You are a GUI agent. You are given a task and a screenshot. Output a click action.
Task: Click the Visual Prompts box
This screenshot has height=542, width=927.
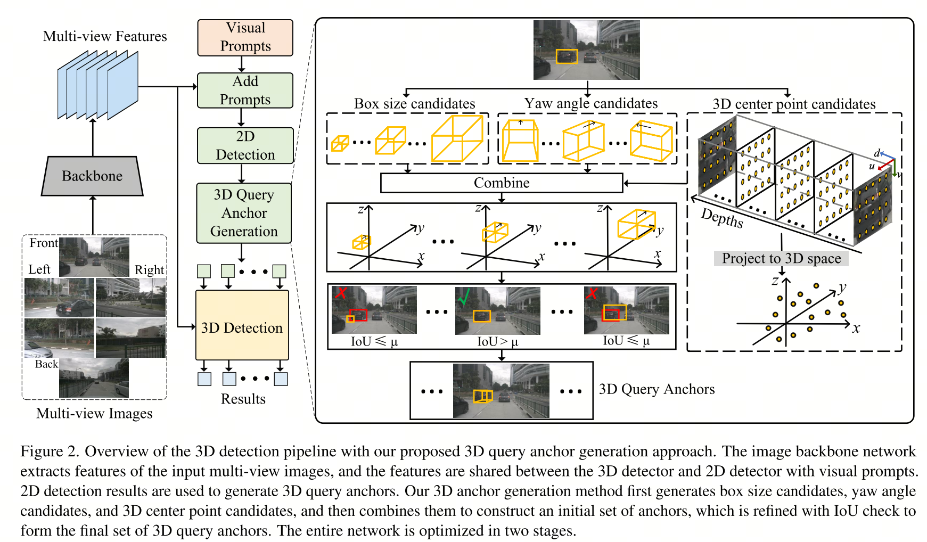(245, 37)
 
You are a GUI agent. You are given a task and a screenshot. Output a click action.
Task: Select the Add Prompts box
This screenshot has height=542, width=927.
(245, 91)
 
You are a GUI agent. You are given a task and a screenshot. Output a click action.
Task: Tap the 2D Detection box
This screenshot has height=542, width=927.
(245, 145)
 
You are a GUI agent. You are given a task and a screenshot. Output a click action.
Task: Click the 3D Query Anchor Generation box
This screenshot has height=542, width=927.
(244, 213)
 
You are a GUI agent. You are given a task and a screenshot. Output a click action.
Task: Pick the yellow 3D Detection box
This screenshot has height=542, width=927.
(242, 325)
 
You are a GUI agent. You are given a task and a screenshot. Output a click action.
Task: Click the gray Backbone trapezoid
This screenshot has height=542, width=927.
(92, 176)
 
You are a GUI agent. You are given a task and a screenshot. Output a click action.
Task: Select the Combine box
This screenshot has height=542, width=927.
(501, 183)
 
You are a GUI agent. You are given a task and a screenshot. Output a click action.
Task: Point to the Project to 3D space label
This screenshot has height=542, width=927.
(781, 258)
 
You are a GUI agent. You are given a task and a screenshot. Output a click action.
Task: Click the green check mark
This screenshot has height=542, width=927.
(464, 296)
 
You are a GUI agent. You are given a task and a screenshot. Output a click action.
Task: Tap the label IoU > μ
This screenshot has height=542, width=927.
(497, 341)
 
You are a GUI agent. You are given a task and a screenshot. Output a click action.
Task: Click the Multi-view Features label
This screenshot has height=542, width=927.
(105, 36)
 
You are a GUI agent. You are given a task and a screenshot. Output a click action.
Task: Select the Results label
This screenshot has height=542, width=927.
(243, 399)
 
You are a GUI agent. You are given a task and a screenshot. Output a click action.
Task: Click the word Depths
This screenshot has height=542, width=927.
(721, 218)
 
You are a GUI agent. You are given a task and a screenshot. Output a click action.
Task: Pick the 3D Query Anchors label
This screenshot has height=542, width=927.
(657, 389)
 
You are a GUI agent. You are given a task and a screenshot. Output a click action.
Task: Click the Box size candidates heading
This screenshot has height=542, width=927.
(414, 103)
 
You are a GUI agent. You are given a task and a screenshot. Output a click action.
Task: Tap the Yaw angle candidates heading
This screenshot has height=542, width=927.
(590, 103)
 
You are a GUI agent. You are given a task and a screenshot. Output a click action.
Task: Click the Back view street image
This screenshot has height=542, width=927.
(94, 378)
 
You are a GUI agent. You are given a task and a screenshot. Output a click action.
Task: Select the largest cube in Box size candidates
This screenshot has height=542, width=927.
(457, 138)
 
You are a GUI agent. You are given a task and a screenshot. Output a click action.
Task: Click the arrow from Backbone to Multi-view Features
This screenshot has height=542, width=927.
(93, 137)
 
